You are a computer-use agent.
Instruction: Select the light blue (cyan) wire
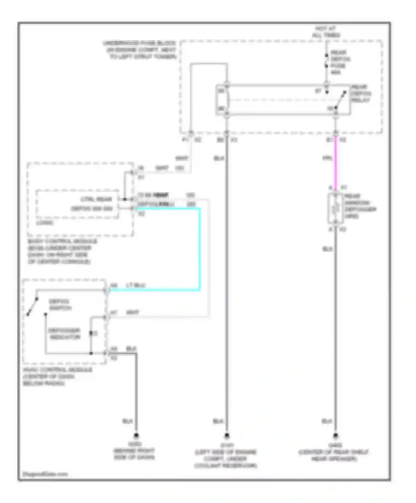[199, 250]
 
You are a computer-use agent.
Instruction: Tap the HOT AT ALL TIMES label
[326, 32]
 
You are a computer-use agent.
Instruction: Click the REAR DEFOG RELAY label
[361, 93]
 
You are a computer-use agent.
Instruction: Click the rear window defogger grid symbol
[336, 209]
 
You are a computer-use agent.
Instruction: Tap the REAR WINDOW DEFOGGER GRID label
[360, 206]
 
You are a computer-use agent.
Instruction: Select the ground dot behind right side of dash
[136, 436]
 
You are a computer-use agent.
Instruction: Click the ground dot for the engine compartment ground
[227, 436]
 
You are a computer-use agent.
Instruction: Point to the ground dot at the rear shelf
[336, 436]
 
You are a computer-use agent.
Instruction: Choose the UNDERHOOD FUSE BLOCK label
[140, 50]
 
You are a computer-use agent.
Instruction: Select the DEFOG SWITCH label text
[60, 304]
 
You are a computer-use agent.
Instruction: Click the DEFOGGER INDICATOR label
[64, 334]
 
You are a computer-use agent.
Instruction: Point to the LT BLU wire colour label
[136, 285]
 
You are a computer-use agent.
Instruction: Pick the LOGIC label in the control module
[45, 223]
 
